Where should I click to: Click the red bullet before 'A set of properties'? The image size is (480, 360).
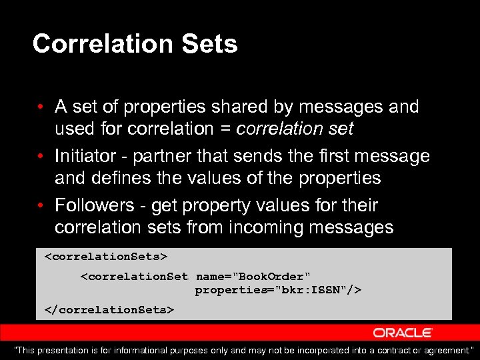pos(41,107)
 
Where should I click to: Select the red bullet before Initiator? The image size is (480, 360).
pos(41,157)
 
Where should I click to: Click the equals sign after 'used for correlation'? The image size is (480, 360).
pos(227,129)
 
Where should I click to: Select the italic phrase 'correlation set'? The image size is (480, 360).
pos(295,129)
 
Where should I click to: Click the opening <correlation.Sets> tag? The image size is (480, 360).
pos(105,256)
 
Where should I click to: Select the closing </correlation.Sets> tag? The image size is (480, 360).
pos(109,309)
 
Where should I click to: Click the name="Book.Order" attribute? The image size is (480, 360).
pos(253,276)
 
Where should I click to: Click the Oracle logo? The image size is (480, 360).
pos(403,332)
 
